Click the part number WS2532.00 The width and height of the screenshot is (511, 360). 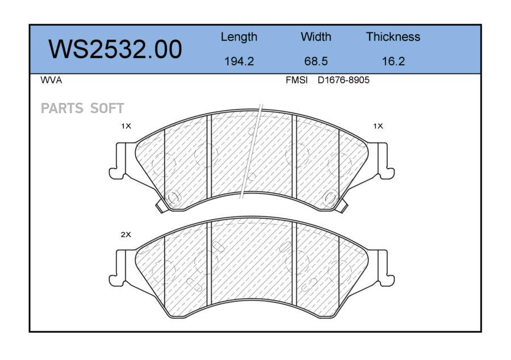[x=115, y=49]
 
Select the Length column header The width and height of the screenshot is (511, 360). [x=239, y=37]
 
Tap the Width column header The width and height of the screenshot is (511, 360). [x=316, y=36]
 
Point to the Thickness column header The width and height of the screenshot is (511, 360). [x=393, y=36]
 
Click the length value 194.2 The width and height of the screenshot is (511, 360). [x=239, y=61]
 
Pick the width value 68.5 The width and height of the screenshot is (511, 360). [x=316, y=61]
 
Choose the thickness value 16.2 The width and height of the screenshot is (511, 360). [x=393, y=61]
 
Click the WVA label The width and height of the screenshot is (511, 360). [x=51, y=80]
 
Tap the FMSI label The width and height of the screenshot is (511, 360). [x=296, y=80]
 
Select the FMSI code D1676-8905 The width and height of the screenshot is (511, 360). [x=344, y=80]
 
